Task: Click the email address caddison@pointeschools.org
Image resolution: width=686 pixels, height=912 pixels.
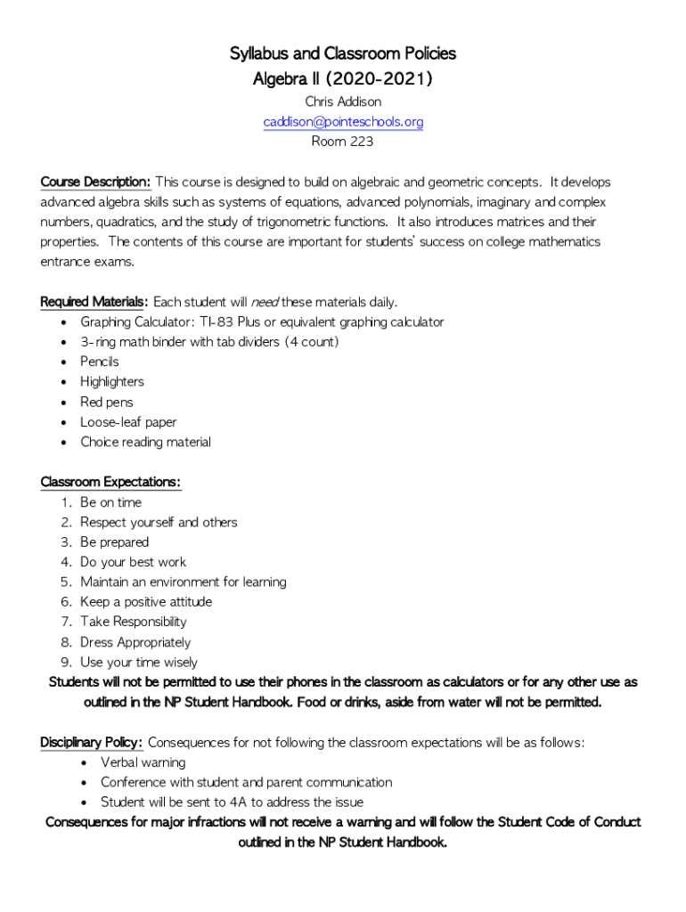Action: click(x=343, y=121)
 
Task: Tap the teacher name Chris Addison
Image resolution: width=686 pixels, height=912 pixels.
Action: click(x=343, y=102)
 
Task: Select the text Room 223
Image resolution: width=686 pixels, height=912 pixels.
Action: click(x=343, y=142)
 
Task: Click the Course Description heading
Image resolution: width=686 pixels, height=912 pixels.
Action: click(x=95, y=183)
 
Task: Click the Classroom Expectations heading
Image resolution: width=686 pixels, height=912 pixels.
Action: click(x=110, y=483)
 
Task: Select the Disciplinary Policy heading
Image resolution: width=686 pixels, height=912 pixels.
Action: click(x=91, y=743)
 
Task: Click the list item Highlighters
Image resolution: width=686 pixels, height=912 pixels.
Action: click(x=111, y=382)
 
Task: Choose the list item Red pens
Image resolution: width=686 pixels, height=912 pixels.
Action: click(x=106, y=403)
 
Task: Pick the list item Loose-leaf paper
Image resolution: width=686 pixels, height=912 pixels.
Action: click(x=128, y=422)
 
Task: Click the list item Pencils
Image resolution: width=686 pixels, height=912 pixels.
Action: click(x=99, y=362)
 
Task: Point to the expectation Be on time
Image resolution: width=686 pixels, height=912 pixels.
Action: click(x=110, y=502)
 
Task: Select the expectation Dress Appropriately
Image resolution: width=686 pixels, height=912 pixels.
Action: click(x=135, y=642)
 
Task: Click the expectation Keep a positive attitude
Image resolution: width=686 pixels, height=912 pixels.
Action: click(x=146, y=602)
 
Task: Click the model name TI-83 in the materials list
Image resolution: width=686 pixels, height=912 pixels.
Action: click(x=216, y=322)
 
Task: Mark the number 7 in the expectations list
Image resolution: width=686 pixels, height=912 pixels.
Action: click(x=65, y=622)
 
